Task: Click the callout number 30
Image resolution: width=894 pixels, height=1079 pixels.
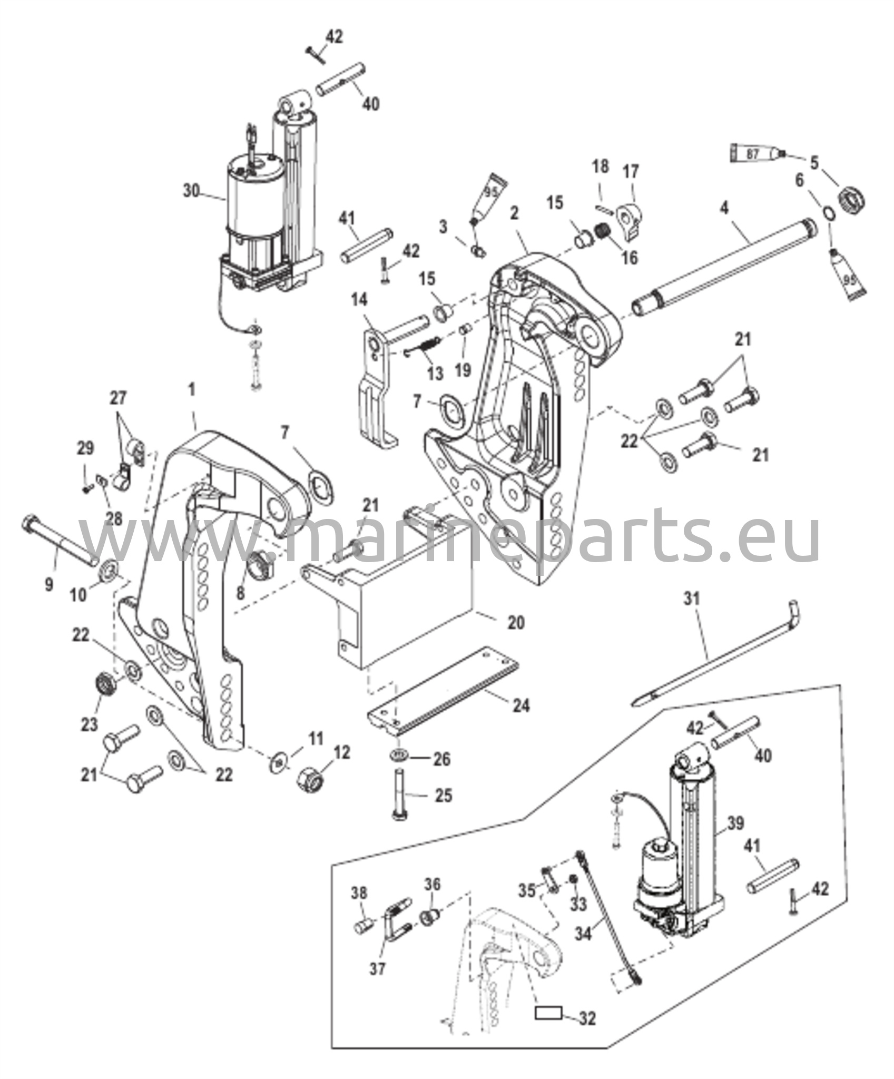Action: pos(192,190)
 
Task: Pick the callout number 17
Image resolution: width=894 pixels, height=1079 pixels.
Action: pos(631,172)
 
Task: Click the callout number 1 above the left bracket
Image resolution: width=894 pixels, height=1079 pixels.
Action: pos(191,390)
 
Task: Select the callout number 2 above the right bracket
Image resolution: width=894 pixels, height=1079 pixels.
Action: pos(515,213)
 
